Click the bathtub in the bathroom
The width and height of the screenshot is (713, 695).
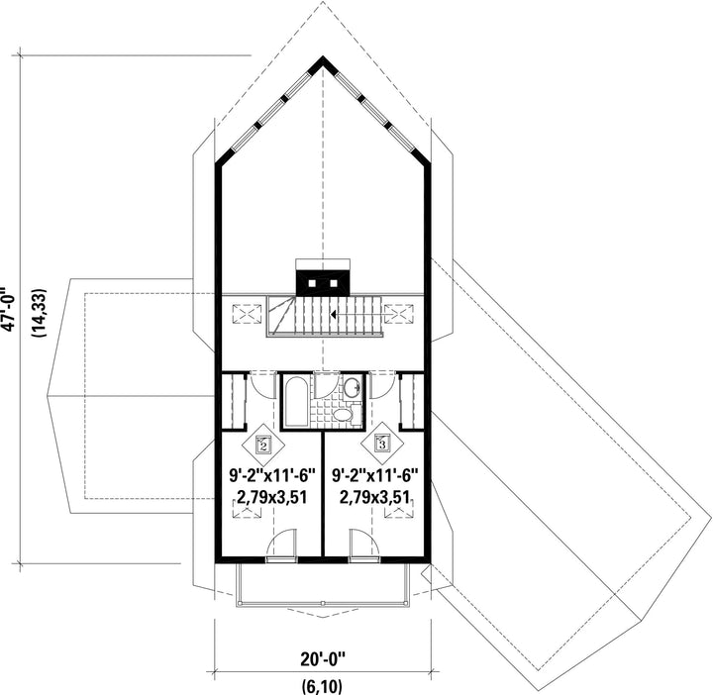(295, 401)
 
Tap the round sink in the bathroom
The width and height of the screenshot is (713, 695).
(352, 388)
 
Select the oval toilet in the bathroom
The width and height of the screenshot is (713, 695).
(343, 415)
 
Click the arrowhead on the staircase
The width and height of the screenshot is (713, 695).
(334, 314)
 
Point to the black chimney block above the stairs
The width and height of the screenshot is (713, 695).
(323, 283)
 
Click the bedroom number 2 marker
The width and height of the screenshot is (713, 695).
(262, 445)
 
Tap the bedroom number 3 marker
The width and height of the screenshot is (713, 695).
(382, 444)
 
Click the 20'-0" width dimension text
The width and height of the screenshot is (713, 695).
(323, 658)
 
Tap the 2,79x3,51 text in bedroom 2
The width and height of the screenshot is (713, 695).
(272, 497)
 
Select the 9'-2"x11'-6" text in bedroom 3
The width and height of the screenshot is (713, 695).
(375, 476)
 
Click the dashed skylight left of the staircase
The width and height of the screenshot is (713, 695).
(248, 314)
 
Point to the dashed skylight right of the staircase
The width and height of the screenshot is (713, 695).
(398, 314)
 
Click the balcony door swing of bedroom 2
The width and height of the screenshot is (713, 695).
(281, 543)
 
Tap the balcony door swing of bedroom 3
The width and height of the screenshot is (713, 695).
(364, 543)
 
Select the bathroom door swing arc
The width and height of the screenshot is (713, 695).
(327, 386)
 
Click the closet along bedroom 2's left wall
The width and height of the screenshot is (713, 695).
(234, 400)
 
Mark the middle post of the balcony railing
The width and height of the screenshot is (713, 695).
(323, 603)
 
